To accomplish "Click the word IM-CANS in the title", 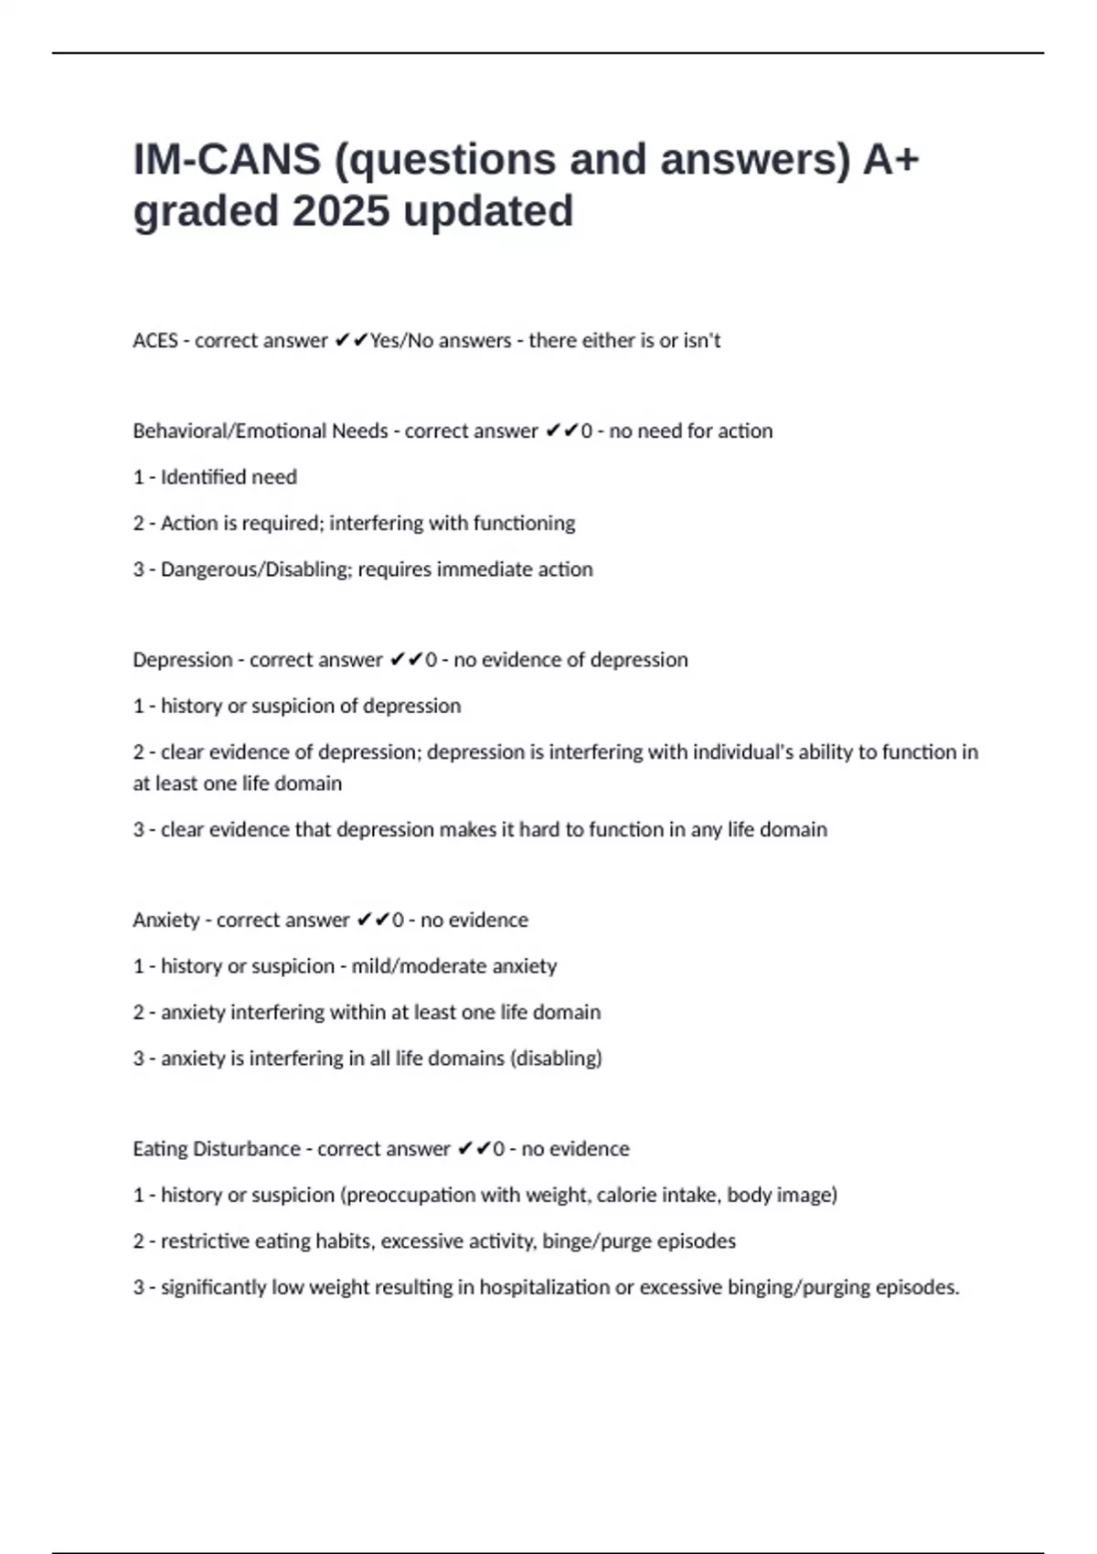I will (x=227, y=160).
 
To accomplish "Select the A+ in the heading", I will (x=891, y=160).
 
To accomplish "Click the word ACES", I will (x=155, y=341).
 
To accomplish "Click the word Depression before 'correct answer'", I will (x=182, y=660).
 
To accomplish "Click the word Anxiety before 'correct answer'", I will (x=165, y=921).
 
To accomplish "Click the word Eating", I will (x=159, y=1149).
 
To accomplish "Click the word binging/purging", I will (x=798, y=1288).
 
